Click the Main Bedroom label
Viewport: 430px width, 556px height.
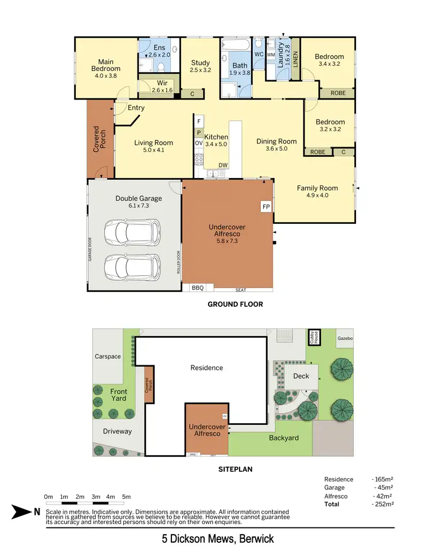105,65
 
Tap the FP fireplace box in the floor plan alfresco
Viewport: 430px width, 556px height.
266,206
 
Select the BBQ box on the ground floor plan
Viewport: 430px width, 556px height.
197,287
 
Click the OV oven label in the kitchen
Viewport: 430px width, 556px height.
198,143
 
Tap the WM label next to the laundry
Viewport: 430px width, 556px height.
271,54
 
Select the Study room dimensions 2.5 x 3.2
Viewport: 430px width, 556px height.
200,70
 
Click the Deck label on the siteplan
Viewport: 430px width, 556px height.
301,376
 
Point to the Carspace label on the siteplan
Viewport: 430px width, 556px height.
108,356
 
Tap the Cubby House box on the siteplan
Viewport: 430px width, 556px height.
315,336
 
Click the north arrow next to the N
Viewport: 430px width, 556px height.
21,511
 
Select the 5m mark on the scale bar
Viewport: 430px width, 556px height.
127,496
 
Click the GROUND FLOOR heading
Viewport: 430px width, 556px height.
235,305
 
